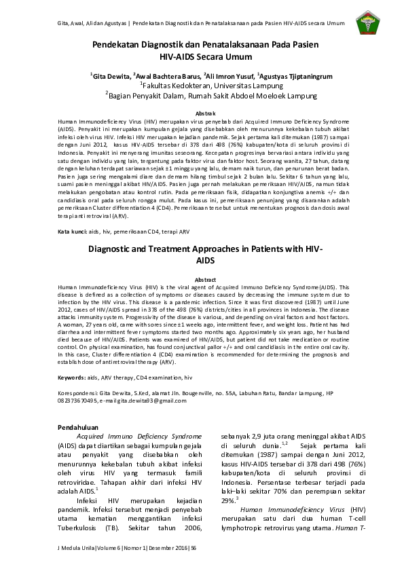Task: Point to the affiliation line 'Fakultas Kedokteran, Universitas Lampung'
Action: coord(202,86)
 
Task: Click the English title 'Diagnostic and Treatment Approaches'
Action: coord(201,250)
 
